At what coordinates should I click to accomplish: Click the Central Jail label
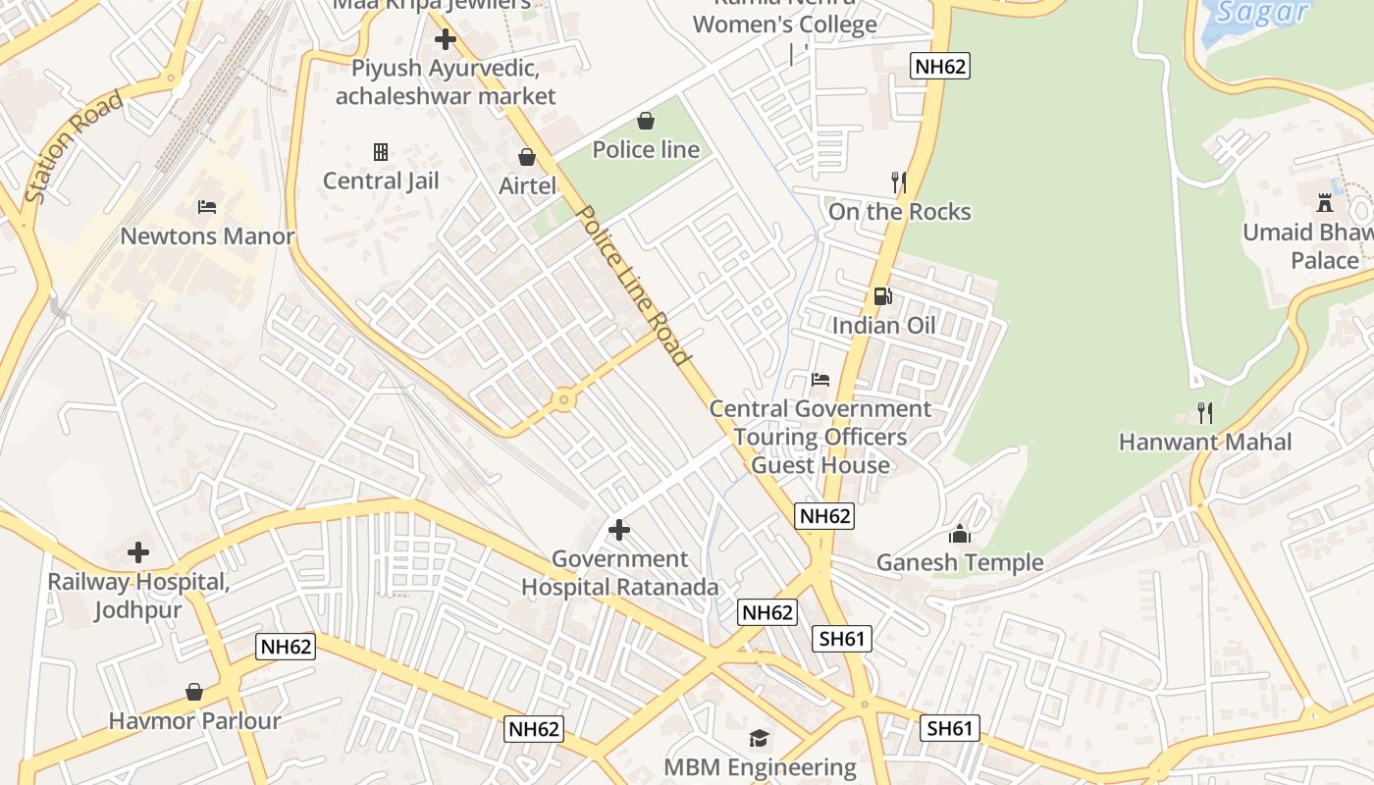(x=381, y=181)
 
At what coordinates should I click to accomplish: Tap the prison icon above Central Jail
(x=381, y=152)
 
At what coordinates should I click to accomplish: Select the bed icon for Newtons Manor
(x=206, y=207)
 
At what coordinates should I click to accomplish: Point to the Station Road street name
(x=75, y=147)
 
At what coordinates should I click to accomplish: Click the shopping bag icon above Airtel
(x=527, y=157)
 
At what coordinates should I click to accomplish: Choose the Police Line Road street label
(x=633, y=286)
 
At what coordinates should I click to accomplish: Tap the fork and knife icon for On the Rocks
(x=898, y=183)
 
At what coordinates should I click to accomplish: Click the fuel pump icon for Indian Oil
(x=883, y=296)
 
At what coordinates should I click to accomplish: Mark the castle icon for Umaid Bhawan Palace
(x=1325, y=203)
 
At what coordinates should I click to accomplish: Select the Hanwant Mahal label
(x=1205, y=442)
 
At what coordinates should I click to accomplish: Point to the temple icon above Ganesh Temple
(x=959, y=534)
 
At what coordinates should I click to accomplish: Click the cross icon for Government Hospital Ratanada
(x=619, y=531)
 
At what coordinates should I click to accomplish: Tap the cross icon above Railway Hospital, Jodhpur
(x=138, y=552)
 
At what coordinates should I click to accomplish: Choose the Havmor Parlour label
(x=194, y=721)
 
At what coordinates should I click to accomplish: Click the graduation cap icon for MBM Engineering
(x=760, y=738)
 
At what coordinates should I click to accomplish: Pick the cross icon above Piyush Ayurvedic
(x=446, y=40)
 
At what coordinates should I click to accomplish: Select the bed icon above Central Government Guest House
(x=820, y=380)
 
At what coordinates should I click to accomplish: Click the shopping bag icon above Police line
(x=646, y=121)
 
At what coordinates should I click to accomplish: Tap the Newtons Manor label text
(x=207, y=236)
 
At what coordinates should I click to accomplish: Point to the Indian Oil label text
(x=883, y=325)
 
